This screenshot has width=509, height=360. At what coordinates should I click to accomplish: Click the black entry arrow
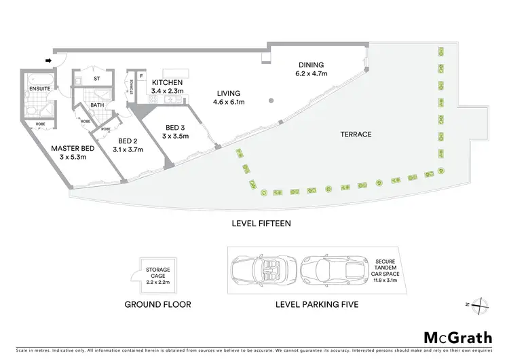[x=48, y=60]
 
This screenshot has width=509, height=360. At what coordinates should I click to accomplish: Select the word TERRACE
[x=356, y=134]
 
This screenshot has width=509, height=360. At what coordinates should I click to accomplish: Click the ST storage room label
[x=96, y=79]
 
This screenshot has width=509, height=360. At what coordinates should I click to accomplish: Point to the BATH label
[x=98, y=105]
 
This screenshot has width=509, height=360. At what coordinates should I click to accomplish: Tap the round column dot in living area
[x=270, y=101]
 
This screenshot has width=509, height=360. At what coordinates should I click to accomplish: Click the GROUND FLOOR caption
[x=157, y=304]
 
